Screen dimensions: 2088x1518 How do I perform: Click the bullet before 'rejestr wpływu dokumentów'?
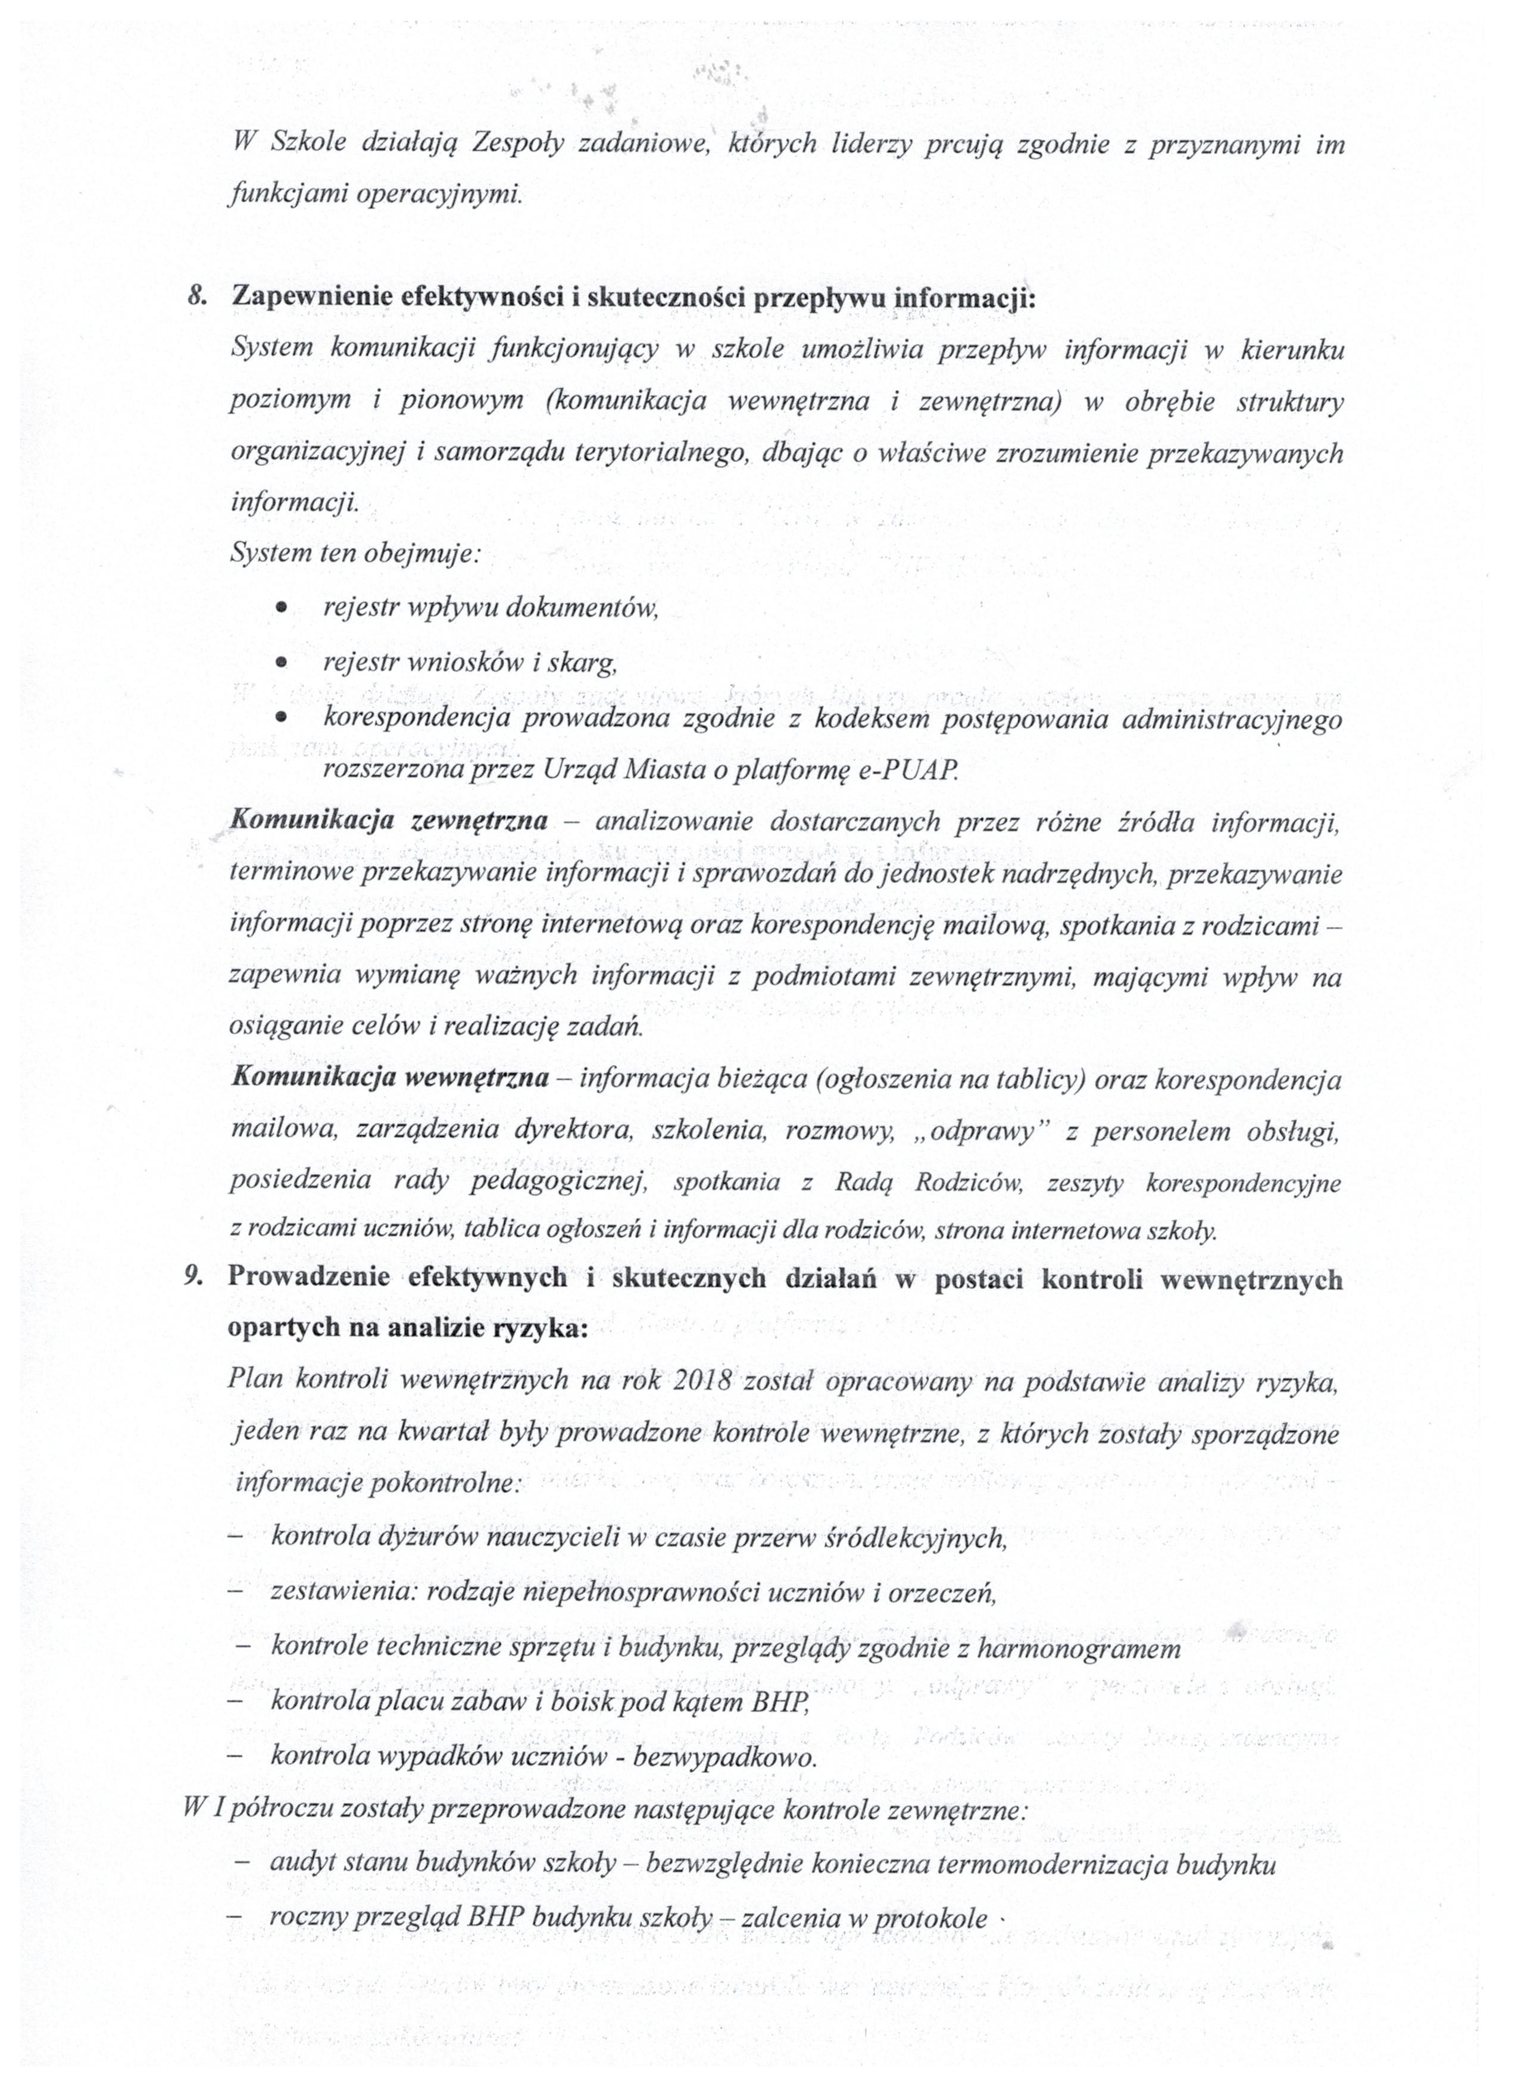pos(283,608)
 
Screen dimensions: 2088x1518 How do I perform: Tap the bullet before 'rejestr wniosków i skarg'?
pos(283,662)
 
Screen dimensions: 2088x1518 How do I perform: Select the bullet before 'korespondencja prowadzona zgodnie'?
pos(283,715)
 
